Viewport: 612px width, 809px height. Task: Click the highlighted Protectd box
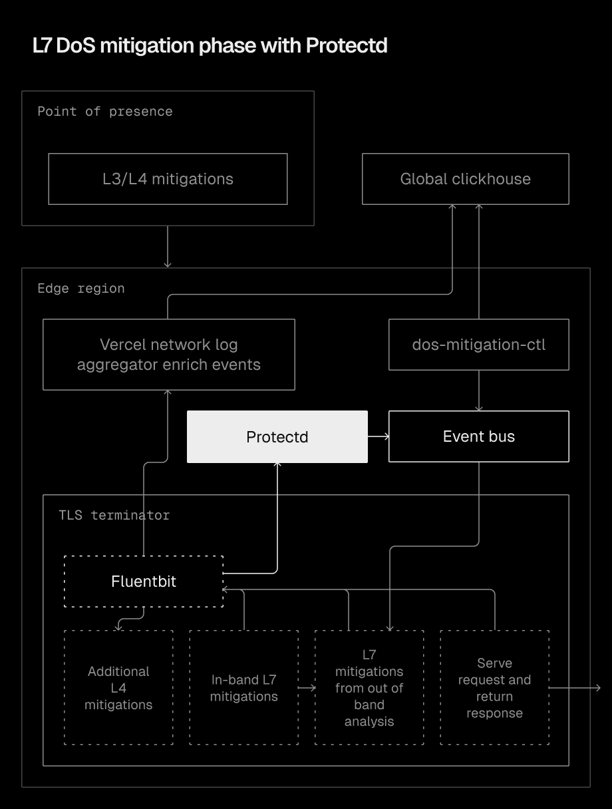[x=277, y=436]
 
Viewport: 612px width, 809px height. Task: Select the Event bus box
[x=478, y=436]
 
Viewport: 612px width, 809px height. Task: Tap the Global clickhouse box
[x=465, y=179]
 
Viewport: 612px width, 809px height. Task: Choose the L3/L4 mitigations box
[x=168, y=179]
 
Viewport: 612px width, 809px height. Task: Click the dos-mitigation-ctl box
[x=478, y=345]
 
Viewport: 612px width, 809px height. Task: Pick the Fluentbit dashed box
[x=144, y=581]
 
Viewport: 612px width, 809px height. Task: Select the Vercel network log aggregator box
[x=168, y=355]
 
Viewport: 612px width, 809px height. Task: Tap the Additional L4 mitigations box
[x=118, y=688]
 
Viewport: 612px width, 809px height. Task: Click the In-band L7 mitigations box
[x=243, y=688]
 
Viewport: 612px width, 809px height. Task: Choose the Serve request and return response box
[x=494, y=688]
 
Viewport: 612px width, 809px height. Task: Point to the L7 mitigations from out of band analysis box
[x=369, y=688]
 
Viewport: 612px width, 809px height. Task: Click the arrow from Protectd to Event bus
[x=378, y=436]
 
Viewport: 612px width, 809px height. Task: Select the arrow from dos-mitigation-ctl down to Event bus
[x=478, y=391]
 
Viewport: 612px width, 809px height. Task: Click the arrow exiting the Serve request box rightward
[x=576, y=688]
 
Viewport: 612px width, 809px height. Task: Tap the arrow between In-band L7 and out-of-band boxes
[x=307, y=688]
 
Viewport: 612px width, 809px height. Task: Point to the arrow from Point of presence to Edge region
[x=168, y=247]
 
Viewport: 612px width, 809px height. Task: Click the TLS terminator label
[x=114, y=516]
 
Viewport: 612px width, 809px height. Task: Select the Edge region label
[x=80, y=289]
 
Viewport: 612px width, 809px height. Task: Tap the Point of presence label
[x=104, y=112]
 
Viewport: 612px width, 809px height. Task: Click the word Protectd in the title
[x=347, y=46]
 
